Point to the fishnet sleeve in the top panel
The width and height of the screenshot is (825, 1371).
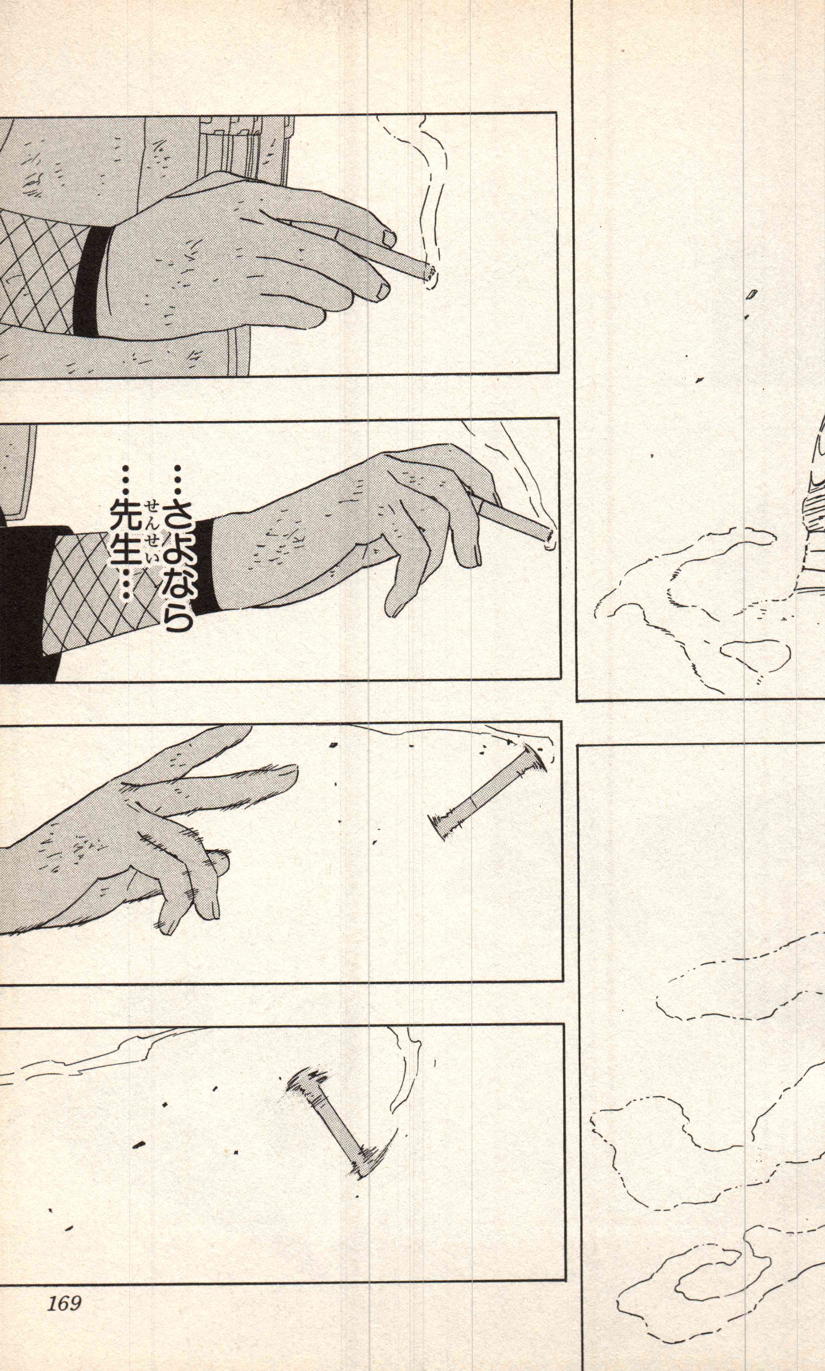point(39,272)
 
